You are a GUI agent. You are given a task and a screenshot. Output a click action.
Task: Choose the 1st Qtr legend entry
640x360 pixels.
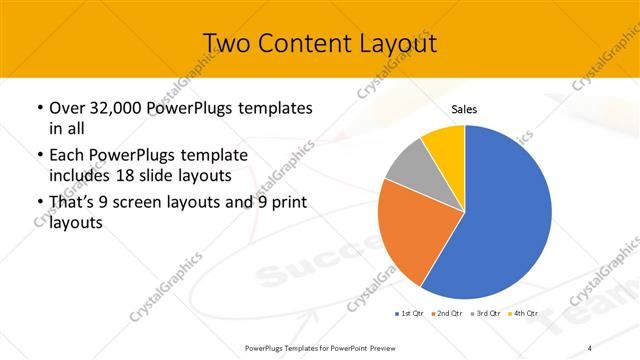(408, 314)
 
